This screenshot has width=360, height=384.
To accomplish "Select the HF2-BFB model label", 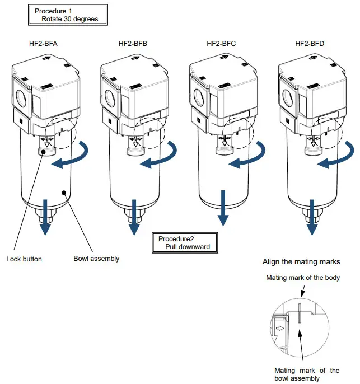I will tap(133, 44).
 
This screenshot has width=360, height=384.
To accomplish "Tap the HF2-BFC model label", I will tap(222, 44).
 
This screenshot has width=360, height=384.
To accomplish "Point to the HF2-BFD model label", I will tap(310, 44).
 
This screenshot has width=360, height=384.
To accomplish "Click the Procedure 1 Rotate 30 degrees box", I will tap(66, 15).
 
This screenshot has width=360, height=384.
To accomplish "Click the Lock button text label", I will tap(24, 259).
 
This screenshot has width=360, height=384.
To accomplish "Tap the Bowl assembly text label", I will tap(96, 259).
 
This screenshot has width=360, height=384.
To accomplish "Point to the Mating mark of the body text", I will tap(302, 278).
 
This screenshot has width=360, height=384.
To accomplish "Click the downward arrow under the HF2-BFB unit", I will tap(134, 224).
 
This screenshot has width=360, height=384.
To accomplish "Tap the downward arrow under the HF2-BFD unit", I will tap(311, 224).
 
